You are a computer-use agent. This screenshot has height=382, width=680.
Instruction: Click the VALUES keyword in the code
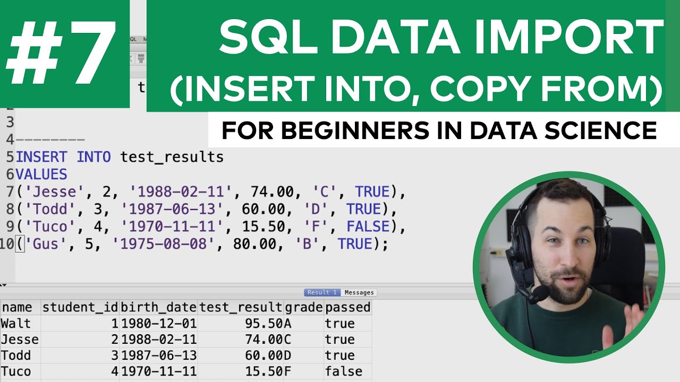pyautogui.click(x=41, y=174)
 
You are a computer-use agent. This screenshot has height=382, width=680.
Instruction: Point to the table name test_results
pyautogui.click(x=172, y=157)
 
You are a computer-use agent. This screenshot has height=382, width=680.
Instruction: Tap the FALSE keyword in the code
pyautogui.click(x=368, y=227)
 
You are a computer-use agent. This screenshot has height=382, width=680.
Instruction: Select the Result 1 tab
pyautogui.click(x=322, y=292)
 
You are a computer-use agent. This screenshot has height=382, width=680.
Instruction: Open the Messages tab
pyautogui.click(x=359, y=292)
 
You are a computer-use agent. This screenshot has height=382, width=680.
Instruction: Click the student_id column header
pyautogui.click(x=80, y=307)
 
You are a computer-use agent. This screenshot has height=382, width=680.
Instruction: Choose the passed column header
pyautogui.click(x=347, y=307)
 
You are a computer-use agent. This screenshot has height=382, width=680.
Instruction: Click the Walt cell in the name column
pyautogui.click(x=16, y=323)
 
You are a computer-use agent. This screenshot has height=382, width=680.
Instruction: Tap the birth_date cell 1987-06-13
pyautogui.click(x=159, y=355)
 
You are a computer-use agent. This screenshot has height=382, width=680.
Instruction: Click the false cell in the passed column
pyautogui.click(x=344, y=371)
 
